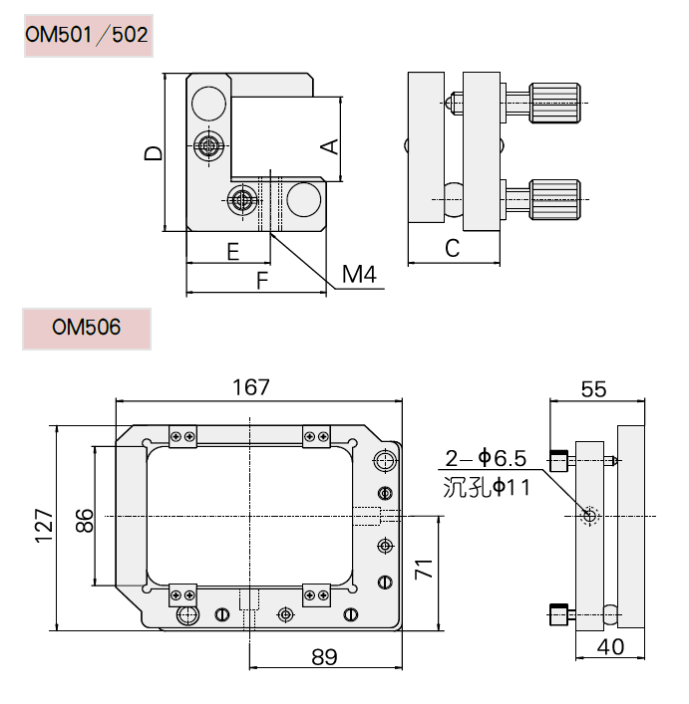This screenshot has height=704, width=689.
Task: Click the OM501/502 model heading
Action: point(88,37)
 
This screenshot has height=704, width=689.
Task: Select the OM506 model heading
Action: point(87,327)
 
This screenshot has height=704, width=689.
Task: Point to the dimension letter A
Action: point(328,145)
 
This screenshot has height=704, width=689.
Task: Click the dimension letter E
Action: point(233,251)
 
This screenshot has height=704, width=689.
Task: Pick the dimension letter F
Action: point(262,281)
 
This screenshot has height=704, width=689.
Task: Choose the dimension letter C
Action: point(452,249)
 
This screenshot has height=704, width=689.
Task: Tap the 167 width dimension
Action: point(257,386)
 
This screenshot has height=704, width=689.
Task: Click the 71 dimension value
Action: point(424,572)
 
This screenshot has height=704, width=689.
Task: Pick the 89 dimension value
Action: point(324,657)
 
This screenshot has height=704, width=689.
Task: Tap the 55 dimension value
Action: point(593,389)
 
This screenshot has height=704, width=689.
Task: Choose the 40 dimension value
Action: point(611,647)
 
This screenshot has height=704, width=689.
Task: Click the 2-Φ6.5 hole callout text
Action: point(485,458)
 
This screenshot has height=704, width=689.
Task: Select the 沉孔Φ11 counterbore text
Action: point(485,487)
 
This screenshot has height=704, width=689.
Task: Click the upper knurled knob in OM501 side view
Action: point(554,104)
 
